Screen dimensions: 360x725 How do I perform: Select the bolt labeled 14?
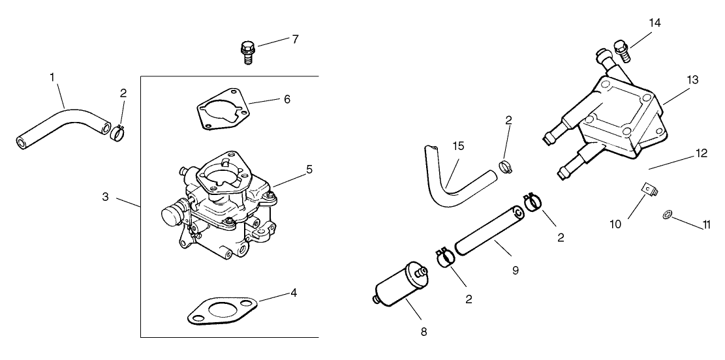[621, 50]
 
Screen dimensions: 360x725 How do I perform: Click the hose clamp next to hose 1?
[117, 132]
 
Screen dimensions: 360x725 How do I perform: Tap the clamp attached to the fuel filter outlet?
[444, 258]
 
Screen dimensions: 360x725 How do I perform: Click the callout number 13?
[692, 80]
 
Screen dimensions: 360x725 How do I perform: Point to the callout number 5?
[309, 169]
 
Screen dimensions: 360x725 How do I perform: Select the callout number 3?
[105, 196]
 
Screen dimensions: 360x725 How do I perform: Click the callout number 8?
[424, 331]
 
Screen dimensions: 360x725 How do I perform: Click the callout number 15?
[458, 145]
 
